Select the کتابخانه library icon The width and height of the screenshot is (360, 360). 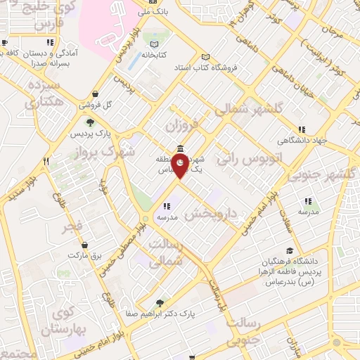(x=151, y=55)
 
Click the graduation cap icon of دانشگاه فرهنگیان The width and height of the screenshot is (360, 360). (x=290, y=251)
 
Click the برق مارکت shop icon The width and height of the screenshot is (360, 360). (x=84, y=245)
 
